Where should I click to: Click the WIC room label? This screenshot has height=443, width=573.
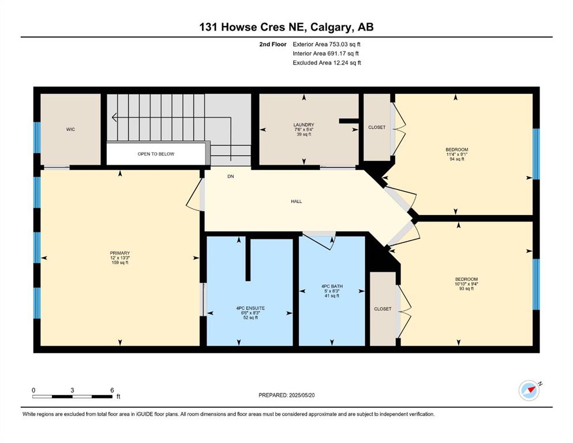point(70,129)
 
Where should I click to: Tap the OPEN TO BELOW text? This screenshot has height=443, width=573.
point(156,154)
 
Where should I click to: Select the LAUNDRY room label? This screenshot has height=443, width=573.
point(304,125)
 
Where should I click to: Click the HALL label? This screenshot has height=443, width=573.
point(297,201)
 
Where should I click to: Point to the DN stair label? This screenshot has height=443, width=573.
point(231,177)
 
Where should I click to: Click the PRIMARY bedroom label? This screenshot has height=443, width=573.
point(120,253)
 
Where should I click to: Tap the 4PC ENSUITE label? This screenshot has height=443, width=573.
point(250,308)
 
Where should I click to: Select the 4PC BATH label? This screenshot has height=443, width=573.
point(332,286)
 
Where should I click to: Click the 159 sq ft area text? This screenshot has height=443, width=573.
point(120,262)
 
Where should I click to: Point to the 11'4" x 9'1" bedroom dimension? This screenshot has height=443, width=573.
point(457,155)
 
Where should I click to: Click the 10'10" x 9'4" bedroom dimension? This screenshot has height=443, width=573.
point(466,284)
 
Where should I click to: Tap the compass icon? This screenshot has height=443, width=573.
point(529,391)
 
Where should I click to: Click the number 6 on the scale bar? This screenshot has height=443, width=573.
point(112,390)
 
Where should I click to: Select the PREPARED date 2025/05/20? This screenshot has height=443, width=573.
point(302,395)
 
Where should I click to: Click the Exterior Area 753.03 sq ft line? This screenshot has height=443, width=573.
point(327,44)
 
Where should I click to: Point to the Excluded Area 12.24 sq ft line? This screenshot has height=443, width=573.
point(327,63)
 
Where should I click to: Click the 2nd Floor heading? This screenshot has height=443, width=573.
point(273,44)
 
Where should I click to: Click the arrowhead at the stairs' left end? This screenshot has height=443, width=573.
point(114,117)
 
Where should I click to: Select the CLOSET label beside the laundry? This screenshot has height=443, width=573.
point(377,127)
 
